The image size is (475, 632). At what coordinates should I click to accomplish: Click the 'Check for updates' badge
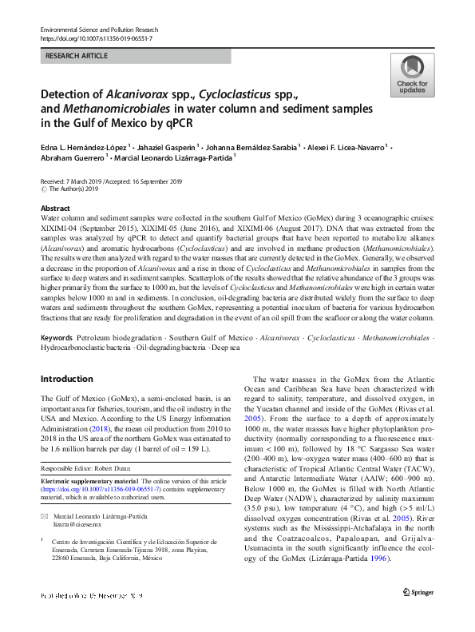411,76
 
